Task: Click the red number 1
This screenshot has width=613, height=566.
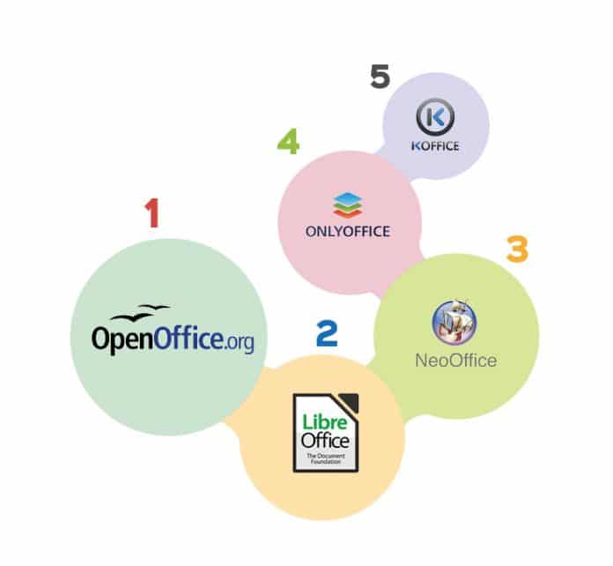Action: [152, 212]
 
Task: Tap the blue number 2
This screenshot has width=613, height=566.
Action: [327, 332]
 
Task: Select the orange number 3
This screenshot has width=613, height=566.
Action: [516, 249]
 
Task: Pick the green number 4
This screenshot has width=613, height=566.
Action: [288, 142]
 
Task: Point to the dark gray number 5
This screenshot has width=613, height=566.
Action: [379, 77]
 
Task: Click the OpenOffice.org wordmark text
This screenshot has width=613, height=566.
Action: [173, 339]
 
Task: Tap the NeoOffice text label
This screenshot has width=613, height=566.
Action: [455, 360]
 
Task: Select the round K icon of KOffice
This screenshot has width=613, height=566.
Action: [432, 117]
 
